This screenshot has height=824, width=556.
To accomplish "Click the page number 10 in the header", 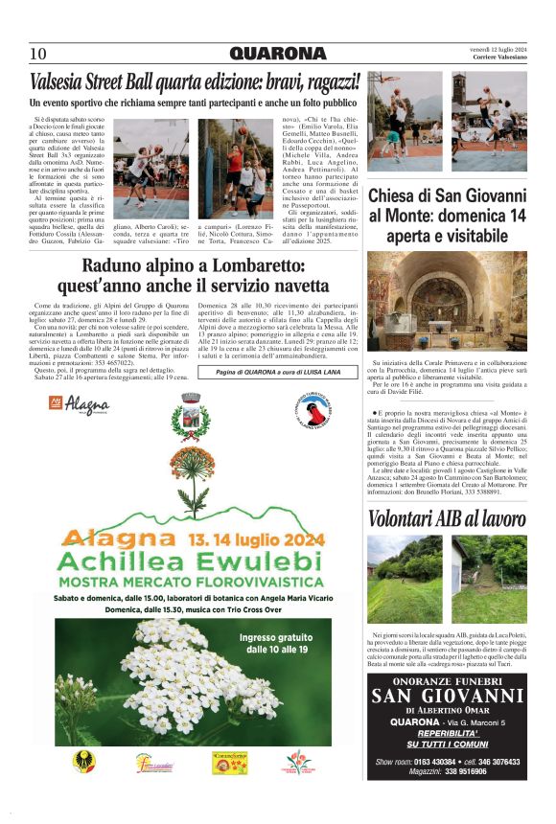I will [38, 53].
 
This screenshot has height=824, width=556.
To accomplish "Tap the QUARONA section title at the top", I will [278, 53].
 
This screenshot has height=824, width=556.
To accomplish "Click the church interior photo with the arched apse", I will [448, 300].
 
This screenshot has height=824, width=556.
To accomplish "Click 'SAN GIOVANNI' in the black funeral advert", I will [447, 695].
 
